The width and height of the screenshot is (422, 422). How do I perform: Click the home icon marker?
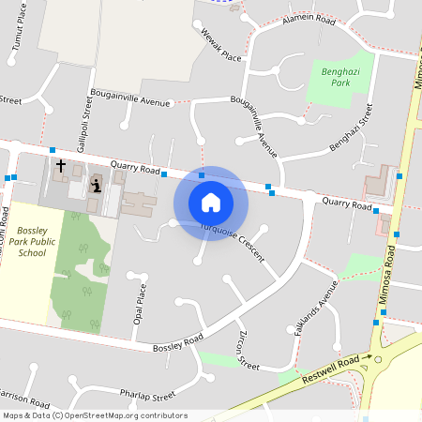point(211,202)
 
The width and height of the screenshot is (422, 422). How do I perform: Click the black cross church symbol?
point(61,166)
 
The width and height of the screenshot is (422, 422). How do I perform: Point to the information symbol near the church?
point(96,184)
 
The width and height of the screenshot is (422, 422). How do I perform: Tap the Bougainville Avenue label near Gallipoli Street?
point(130,97)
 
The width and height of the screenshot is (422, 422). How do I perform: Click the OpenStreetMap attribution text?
point(95,415)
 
